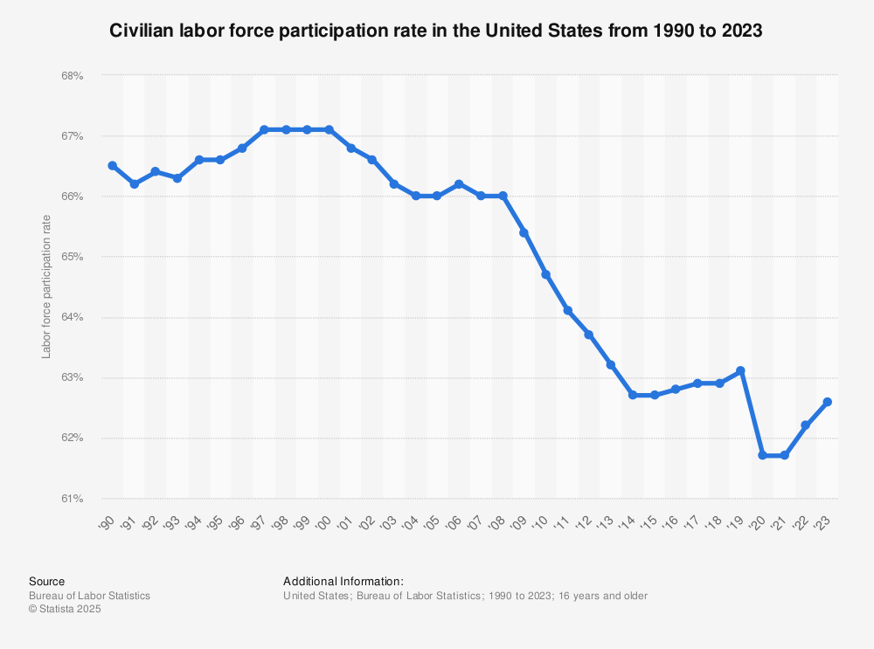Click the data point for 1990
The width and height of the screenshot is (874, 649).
[113, 165]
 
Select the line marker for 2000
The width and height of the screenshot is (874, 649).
[329, 129]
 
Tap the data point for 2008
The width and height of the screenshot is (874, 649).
[503, 196]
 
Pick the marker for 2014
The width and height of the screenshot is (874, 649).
[633, 395]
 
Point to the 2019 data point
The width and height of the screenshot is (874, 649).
[741, 370]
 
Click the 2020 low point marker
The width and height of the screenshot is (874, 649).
[763, 455]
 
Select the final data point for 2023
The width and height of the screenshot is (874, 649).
[828, 402]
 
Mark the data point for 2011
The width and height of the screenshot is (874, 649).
[568, 310]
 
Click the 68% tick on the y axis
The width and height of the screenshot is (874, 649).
[72, 76]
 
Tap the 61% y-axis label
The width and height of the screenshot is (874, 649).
[72, 499]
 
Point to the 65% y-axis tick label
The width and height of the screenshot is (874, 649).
[72, 257]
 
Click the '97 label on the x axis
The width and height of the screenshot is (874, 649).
[260, 522]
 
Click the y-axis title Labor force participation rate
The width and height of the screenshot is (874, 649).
[46, 287]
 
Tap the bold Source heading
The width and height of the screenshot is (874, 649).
[46, 581]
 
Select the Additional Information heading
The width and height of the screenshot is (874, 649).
[343, 581]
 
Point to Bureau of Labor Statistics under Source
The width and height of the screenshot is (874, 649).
[89, 596]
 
